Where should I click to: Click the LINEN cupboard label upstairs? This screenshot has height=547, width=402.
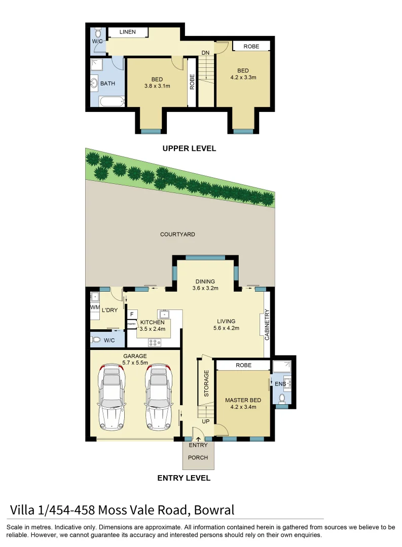127,32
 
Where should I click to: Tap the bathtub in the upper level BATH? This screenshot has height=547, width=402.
112,102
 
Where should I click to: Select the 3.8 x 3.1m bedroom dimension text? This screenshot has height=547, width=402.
157,86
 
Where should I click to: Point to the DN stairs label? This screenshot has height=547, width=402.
205,53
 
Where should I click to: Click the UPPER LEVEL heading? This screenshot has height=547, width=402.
189,148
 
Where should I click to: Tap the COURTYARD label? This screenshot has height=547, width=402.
177,235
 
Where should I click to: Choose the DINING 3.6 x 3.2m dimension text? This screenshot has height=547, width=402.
205,289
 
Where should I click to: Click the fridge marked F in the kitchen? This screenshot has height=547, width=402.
130,314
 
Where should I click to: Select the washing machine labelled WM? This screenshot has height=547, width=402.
94,307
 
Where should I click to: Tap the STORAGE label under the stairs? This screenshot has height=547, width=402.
206,382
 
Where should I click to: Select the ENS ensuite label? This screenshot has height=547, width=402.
280,384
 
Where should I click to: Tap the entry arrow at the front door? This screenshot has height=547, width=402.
198,439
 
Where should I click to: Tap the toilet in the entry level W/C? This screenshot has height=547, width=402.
96,340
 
